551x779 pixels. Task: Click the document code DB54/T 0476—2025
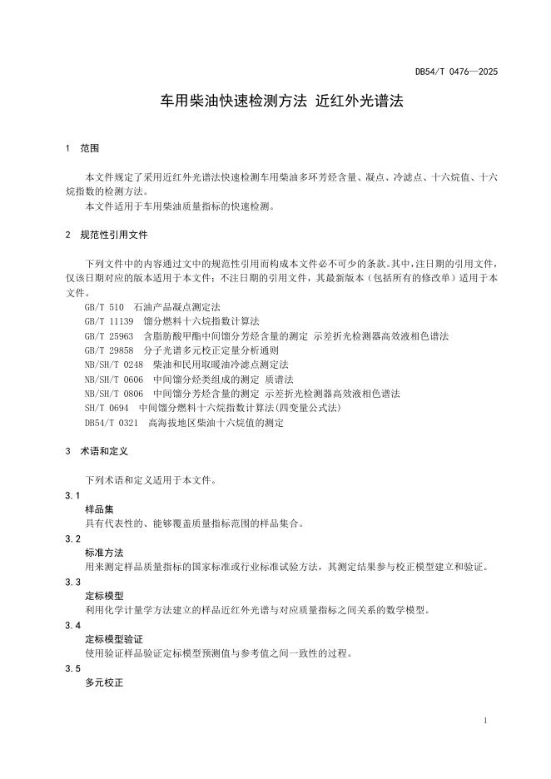coord(455,72)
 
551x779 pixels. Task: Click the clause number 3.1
coord(72,495)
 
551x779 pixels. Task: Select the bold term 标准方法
coord(104,553)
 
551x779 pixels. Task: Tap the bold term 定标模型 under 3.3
coord(104,596)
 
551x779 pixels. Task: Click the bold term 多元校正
coord(104,682)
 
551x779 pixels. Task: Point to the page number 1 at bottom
coord(485,721)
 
